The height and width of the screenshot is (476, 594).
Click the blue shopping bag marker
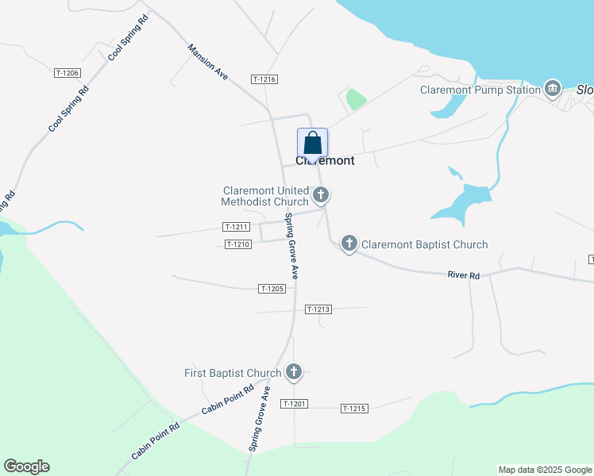click(x=313, y=144)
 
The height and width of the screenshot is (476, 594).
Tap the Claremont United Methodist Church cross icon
click(x=321, y=194)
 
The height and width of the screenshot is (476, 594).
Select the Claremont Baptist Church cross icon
click(x=349, y=244)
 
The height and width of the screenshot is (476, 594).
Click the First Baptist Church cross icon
click(x=294, y=372)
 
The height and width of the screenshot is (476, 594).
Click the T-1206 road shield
click(x=67, y=73)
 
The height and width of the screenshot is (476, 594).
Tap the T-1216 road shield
click(x=264, y=79)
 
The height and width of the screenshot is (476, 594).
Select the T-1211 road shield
click(x=237, y=227)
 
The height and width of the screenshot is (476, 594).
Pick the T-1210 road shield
click(x=238, y=244)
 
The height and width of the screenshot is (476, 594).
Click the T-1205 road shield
click(x=272, y=289)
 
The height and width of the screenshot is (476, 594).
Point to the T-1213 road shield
click(x=317, y=309)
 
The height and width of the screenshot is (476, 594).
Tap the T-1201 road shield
click(x=294, y=404)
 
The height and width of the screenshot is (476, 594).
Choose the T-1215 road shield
click(x=354, y=409)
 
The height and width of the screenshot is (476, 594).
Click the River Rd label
click(x=464, y=275)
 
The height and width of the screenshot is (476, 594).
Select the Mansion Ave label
click(x=208, y=62)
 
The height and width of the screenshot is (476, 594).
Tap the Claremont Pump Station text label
click(x=480, y=90)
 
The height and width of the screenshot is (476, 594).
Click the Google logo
click(x=26, y=466)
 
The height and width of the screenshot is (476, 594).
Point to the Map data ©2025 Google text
click(x=545, y=470)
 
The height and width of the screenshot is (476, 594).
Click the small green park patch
click(x=356, y=100)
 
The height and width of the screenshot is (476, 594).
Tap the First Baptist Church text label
click(x=233, y=373)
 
